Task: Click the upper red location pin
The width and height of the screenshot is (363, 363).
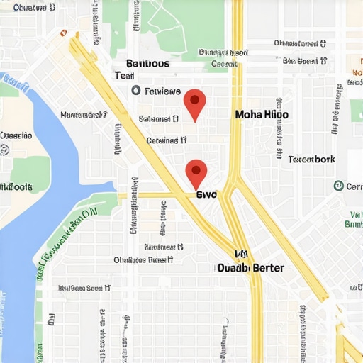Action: tap(194, 103)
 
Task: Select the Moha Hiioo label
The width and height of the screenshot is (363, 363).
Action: tap(262, 113)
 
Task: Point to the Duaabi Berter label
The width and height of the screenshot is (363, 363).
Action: tap(250, 268)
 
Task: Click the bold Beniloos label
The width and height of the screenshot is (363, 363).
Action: tap(147, 64)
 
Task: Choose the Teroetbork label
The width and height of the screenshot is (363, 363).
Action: tap(312, 159)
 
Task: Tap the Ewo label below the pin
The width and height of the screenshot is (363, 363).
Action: tap(206, 194)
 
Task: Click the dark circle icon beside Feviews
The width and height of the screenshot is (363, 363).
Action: tap(136, 91)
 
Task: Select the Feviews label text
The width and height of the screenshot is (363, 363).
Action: tap(162, 91)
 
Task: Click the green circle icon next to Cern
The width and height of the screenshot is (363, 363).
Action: tap(338, 186)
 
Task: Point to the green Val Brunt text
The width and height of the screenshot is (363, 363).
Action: tap(353, 219)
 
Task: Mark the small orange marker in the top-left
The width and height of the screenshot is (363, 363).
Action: tap(63, 33)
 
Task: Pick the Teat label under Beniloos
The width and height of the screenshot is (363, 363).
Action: tap(124, 76)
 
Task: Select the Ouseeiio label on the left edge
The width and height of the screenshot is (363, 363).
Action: tap(16, 135)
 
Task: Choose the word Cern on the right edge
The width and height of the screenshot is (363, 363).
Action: tap(353, 186)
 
